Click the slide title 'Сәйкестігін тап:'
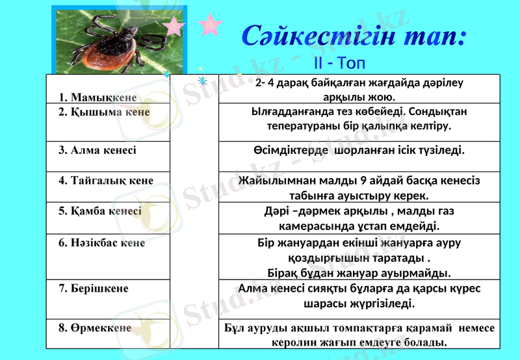(354, 36)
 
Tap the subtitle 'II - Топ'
(339, 63)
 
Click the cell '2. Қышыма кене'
(104, 112)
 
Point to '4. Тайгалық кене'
(106, 180)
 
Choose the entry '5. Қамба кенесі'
(100, 211)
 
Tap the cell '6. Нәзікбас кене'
(102, 243)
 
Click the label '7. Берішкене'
(94, 288)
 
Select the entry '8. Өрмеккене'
(95, 328)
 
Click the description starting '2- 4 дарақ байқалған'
(359, 90)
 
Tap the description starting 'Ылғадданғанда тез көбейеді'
(359, 118)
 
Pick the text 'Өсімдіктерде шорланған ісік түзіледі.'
(359, 150)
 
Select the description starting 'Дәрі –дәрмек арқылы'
(359, 218)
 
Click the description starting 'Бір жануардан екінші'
(359, 257)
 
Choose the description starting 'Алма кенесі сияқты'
(359, 295)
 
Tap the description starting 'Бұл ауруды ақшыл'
(359, 335)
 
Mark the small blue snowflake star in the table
(202, 81)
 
